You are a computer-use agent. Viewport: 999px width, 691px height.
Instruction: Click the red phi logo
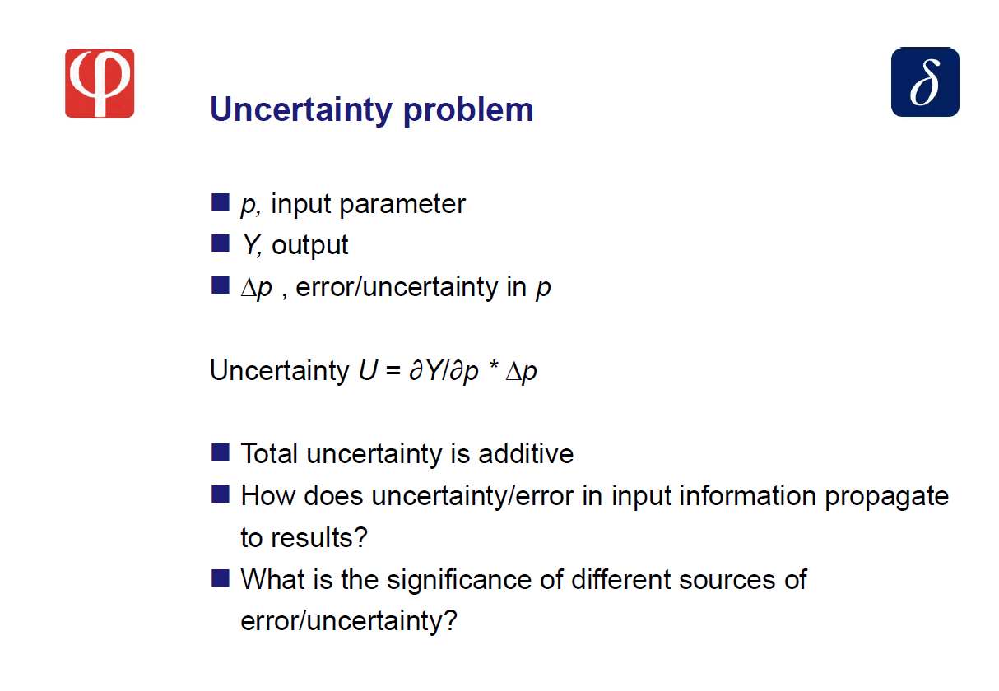[x=100, y=83]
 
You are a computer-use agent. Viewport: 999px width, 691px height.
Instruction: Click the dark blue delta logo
[x=925, y=82]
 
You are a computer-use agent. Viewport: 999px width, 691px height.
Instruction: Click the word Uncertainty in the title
[x=301, y=109]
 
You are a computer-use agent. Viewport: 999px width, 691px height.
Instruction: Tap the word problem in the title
[x=468, y=109]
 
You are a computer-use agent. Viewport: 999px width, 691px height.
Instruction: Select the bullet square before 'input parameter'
[x=221, y=202]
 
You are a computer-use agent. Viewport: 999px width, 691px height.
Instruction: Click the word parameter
[x=402, y=205]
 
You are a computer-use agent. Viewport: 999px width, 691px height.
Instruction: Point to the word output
[x=310, y=245]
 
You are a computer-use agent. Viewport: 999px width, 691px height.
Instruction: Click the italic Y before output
[x=251, y=245]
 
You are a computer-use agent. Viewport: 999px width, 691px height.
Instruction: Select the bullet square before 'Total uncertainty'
[x=221, y=452]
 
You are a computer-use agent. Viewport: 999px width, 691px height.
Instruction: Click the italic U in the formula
[x=369, y=370]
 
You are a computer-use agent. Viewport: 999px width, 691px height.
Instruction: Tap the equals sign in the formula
[x=393, y=370]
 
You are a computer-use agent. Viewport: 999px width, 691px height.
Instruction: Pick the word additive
[x=526, y=454]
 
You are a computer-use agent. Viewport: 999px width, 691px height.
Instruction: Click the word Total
[x=269, y=454]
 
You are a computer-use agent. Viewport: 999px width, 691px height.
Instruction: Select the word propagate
[x=886, y=496]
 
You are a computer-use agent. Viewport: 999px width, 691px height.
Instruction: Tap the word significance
[x=459, y=580]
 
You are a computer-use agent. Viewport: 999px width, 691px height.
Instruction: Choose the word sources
[x=727, y=581]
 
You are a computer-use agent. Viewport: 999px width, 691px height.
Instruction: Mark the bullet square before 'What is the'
[x=221, y=577]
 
